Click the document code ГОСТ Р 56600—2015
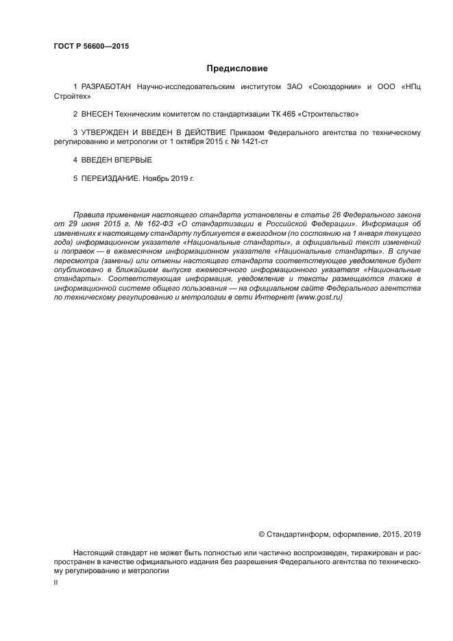tap(90, 47)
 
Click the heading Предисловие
tap(237, 69)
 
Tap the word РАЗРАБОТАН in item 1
tap(108, 88)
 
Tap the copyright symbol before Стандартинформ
tap(261, 534)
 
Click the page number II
tap(56, 581)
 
